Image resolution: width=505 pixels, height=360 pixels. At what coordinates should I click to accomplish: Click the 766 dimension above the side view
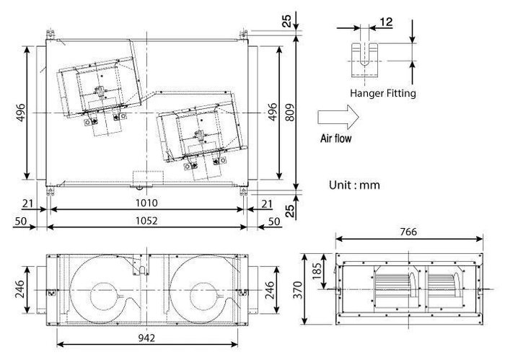(x=408, y=232)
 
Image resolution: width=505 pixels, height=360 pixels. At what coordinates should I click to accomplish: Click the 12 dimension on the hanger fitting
(x=385, y=22)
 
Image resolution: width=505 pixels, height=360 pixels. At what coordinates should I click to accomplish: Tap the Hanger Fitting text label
(x=382, y=93)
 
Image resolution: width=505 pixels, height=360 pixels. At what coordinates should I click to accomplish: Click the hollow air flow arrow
(x=338, y=116)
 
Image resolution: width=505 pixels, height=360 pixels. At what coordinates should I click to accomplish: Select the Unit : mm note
(x=354, y=185)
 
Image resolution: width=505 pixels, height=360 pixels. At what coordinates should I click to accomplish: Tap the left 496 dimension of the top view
(x=21, y=114)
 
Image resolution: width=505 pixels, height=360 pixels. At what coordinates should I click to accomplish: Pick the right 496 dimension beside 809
(x=273, y=114)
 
